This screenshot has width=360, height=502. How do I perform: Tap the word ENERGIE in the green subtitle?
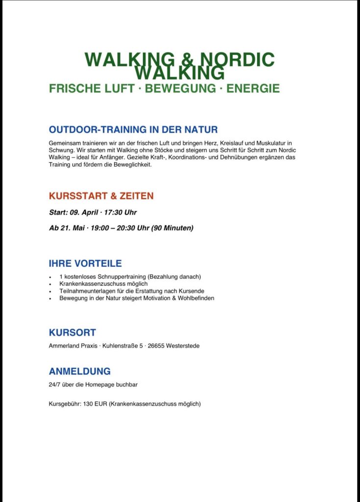coord(253,89)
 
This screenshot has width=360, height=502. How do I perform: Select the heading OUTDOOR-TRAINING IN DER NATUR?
coord(133,130)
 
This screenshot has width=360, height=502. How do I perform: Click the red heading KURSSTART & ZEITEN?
coord(101,196)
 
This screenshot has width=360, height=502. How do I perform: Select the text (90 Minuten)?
coord(172,228)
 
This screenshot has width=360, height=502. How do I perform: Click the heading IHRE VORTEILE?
coord(85,263)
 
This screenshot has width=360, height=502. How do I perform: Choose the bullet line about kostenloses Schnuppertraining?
coord(130,276)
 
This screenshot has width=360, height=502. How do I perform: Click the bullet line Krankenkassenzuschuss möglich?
coord(103,284)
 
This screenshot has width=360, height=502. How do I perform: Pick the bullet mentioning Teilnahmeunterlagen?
coord(131,291)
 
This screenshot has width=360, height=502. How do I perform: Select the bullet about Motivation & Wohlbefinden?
coord(137,298)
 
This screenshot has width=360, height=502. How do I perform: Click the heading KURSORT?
coord(72,332)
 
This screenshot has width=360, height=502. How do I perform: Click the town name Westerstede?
coord(183,346)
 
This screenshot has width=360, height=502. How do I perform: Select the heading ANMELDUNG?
coord(80,372)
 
